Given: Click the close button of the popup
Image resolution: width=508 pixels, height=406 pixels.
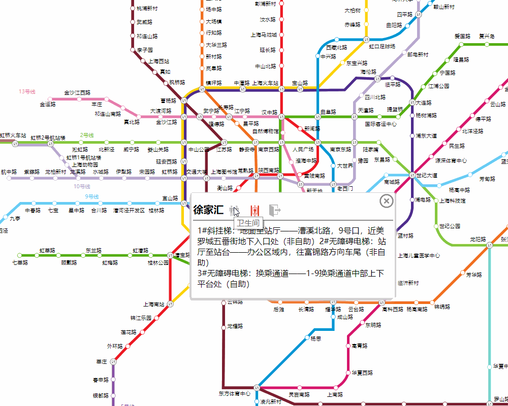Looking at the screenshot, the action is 387,201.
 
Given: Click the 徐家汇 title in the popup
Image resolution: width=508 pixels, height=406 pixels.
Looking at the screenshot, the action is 208,210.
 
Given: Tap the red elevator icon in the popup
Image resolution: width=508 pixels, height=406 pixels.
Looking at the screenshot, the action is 255,210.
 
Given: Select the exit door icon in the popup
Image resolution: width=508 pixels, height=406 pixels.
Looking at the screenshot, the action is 275,210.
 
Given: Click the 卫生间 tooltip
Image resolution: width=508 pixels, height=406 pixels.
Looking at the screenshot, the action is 248,223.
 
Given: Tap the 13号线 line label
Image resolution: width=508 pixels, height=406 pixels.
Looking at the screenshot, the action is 27,91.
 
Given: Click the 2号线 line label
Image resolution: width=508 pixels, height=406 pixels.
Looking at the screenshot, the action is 87,136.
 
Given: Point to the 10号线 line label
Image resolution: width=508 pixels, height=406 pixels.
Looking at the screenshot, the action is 81,186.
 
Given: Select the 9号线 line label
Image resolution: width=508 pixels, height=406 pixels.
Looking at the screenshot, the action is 91,196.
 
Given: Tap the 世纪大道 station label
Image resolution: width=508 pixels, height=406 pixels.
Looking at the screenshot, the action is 426,175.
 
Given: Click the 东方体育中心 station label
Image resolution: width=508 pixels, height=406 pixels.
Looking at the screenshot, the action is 235,393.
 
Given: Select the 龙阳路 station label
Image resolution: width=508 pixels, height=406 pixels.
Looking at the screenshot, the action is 478,239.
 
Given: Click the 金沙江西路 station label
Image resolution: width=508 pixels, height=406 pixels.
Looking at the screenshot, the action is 77,92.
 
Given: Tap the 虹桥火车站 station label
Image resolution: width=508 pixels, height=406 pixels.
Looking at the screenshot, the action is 13,136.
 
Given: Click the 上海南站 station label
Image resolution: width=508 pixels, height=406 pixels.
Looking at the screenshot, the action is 154,304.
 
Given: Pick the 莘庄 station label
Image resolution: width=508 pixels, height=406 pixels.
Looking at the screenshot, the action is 102,362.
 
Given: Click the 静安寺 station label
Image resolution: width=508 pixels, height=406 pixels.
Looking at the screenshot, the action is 247,150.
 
